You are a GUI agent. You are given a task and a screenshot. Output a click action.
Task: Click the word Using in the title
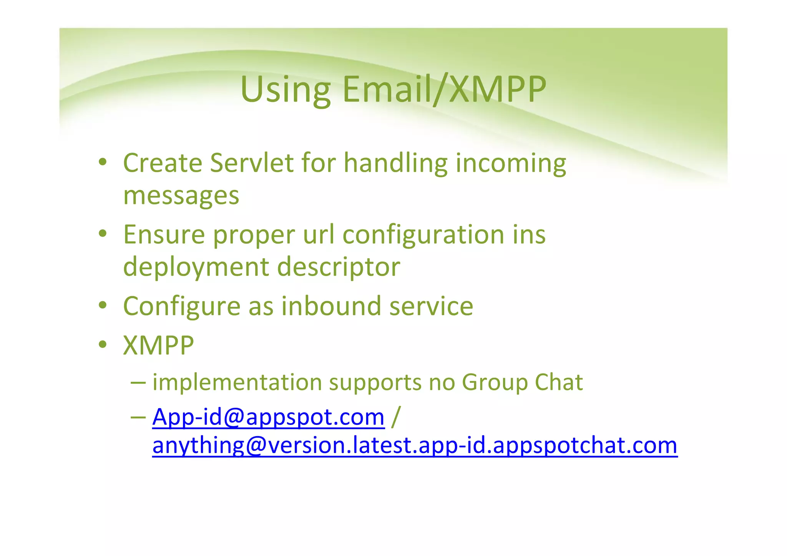pyautogui.click(x=285, y=90)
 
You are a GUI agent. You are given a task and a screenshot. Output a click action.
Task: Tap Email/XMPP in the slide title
pyautogui.click(x=444, y=90)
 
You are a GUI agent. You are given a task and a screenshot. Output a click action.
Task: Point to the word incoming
pyautogui.click(x=511, y=163)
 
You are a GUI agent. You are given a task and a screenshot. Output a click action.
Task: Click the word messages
pyautogui.click(x=181, y=195)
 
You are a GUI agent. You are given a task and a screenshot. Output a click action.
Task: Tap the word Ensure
pyautogui.click(x=164, y=234)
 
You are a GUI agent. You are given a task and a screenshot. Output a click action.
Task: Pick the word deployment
pyautogui.click(x=196, y=267)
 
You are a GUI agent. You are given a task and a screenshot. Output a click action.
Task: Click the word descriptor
pyautogui.click(x=339, y=267)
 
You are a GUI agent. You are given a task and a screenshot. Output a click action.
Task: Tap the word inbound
pyautogui.click(x=331, y=306)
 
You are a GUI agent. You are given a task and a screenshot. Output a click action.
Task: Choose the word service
pyautogui.click(x=431, y=306)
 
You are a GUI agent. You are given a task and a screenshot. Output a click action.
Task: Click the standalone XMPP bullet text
pyautogui.click(x=158, y=345)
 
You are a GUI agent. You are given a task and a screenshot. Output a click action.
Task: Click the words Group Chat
pyautogui.click(x=522, y=382)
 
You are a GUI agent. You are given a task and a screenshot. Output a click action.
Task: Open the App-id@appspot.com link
pyautogui.click(x=268, y=417)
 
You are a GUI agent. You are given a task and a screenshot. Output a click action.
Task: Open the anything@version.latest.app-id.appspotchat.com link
pyautogui.click(x=415, y=446)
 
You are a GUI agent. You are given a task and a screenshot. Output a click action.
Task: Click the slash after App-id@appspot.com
pyautogui.click(x=395, y=417)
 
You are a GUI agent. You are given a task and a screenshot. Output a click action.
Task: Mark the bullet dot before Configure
pyautogui.click(x=102, y=306)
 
